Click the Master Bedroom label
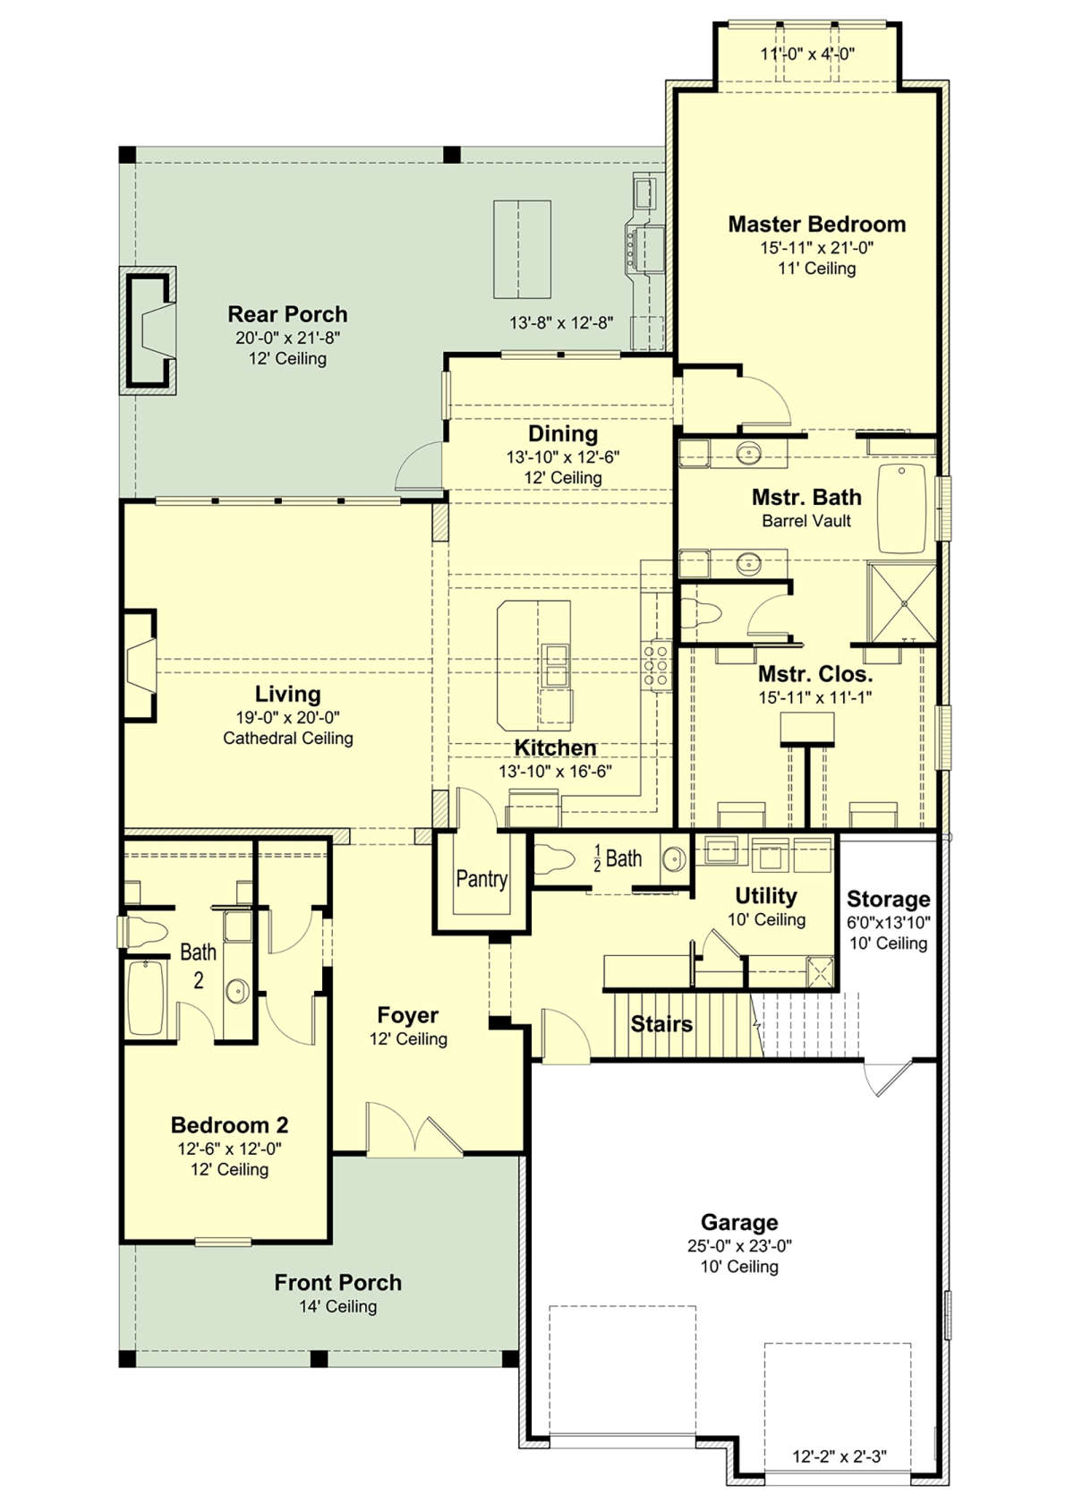coord(817,224)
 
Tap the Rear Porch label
coord(287,314)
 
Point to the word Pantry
coord(482,878)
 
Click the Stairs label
coord(661,1024)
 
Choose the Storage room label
coord(889,899)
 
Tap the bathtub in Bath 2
coord(144,997)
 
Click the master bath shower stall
coord(902,602)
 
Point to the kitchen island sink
coord(556,665)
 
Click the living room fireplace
coord(140,665)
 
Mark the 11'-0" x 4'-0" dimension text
coord(807,54)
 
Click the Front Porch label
coord(337,1283)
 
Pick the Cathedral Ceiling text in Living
coord(287,738)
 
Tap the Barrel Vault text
coord(806,520)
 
